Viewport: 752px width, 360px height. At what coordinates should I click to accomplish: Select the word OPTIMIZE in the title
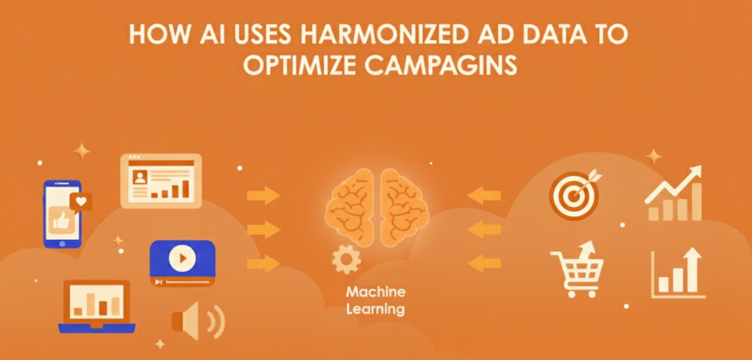click(300, 65)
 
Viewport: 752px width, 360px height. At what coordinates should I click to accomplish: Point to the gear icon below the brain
click(346, 259)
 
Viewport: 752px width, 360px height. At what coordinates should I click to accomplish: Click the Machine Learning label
click(375, 300)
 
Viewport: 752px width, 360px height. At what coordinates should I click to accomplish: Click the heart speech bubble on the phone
click(80, 201)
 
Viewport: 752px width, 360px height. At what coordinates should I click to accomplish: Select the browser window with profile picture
click(161, 180)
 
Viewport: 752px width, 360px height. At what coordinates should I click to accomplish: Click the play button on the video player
click(182, 258)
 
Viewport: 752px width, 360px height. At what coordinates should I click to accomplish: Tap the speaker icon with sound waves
click(197, 321)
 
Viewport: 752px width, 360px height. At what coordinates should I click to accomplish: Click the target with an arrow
click(574, 194)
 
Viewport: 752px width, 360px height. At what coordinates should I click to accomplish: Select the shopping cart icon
click(576, 270)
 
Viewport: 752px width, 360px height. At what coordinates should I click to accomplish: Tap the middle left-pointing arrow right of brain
click(484, 228)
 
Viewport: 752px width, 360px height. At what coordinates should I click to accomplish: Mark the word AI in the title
click(210, 35)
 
